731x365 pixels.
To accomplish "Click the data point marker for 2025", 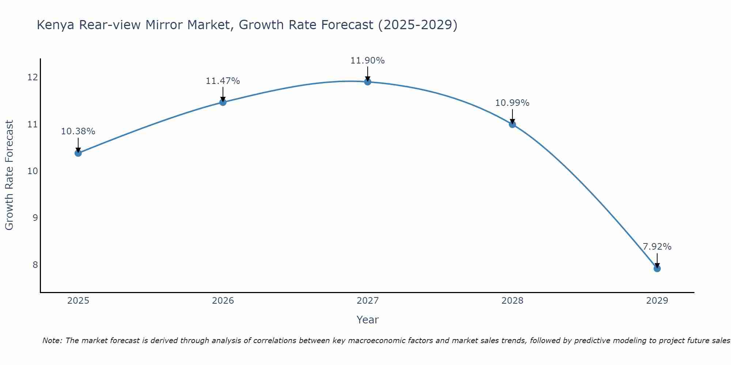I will tap(78, 153).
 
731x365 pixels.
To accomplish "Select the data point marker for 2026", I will tap(223, 102).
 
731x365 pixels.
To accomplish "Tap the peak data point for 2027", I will tap(368, 82).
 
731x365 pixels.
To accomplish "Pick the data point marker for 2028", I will tap(512, 124).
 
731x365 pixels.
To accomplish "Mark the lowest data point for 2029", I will tap(657, 269).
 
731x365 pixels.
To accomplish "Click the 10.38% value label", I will tap(78, 131).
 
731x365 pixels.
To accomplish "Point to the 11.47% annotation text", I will tap(223, 81).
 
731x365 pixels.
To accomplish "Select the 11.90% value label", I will tap(367, 61).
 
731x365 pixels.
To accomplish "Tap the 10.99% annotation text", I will tap(512, 103).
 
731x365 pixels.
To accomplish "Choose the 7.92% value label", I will tap(657, 247).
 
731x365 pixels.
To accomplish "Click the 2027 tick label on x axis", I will tap(367, 301).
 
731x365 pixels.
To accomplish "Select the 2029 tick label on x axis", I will tap(657, 301).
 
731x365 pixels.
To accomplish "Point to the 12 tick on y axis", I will tap(33, 77).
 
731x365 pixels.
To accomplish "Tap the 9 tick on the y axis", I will tap(35, 218).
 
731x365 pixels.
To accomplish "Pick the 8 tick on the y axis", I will tap(35, 265).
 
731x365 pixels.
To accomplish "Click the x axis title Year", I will tap(367, 320).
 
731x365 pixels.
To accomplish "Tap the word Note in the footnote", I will tap(52, 341).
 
